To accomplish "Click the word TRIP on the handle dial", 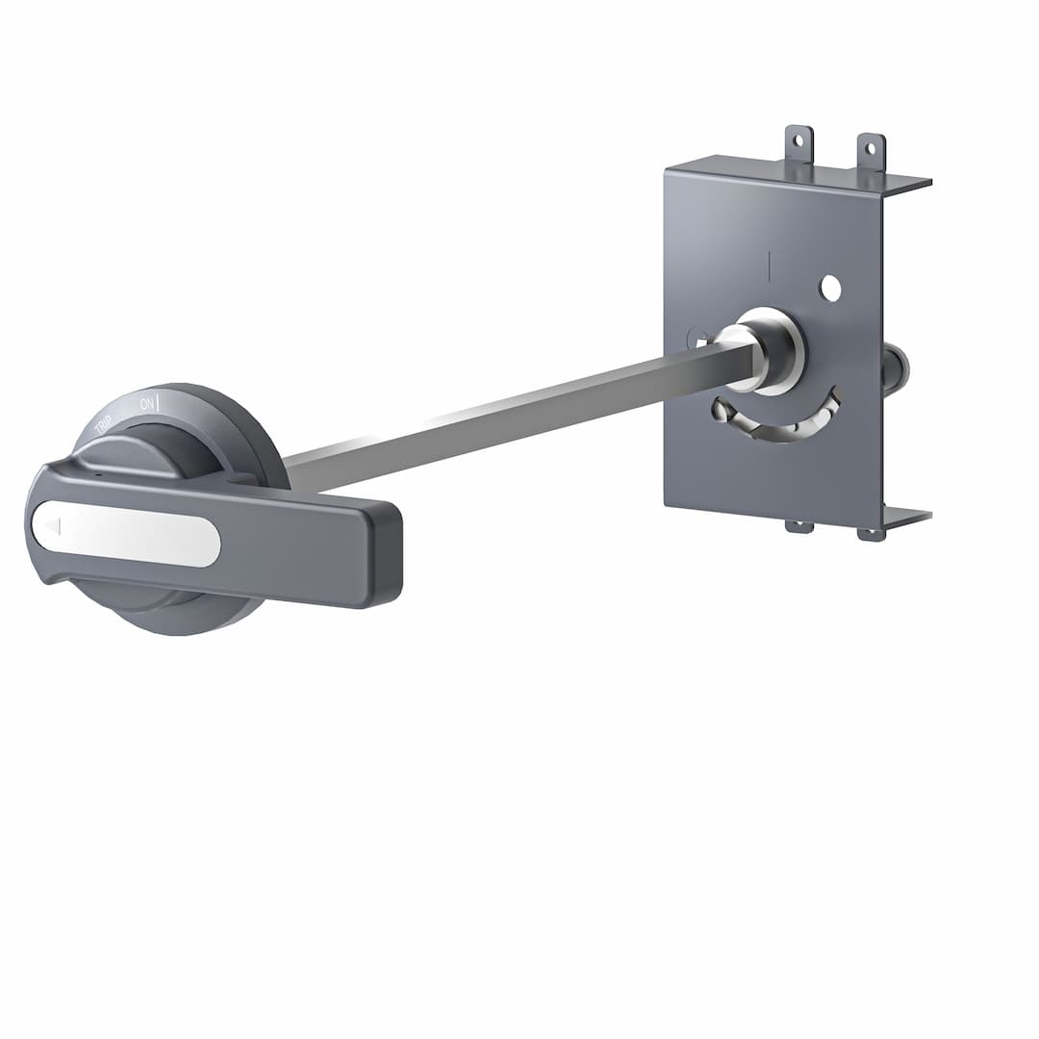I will [103, 424].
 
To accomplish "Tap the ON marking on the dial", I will [147, 403].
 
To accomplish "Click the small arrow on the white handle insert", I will [52, 527].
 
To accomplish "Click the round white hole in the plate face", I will [830, 288].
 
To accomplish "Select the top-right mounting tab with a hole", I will [871, 151].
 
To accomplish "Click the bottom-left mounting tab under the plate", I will [798, 526].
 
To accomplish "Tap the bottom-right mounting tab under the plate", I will [871, 534].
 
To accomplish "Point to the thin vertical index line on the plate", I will [769, 266].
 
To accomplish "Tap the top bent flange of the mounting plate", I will [798, 173].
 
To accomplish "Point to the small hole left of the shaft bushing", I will [699, 339].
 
